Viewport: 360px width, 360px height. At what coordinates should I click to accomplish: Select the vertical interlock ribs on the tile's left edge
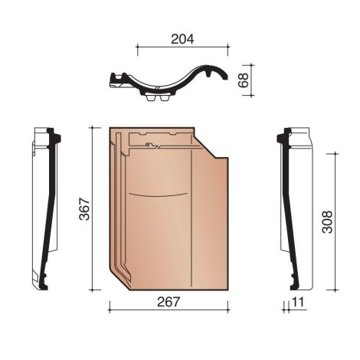(121, 207)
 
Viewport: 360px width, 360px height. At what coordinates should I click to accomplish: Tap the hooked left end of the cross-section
(116, 79)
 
